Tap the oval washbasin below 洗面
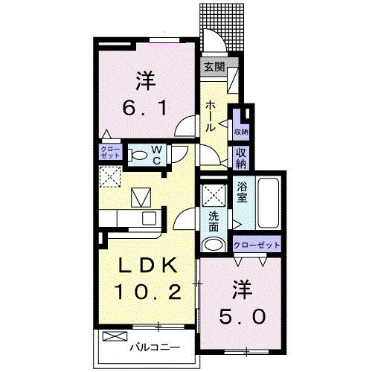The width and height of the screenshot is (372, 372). (x=214, y=246)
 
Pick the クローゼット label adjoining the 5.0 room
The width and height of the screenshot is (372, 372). (x=257, y=245)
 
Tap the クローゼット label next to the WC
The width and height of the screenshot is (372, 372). (x=109, y=153)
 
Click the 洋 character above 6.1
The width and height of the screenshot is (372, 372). (x=144, y=79)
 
